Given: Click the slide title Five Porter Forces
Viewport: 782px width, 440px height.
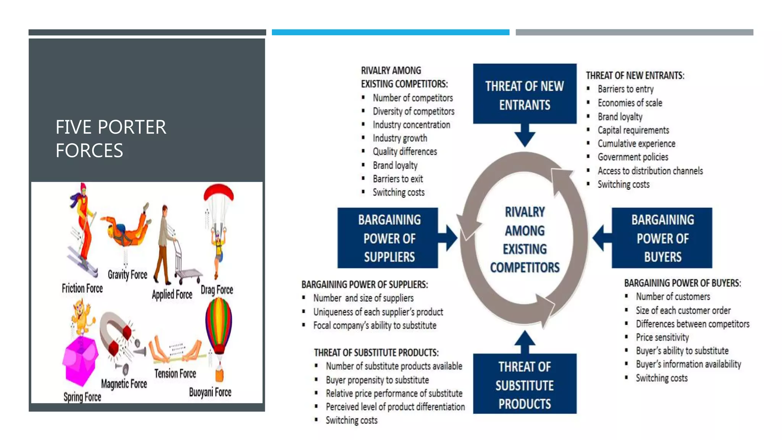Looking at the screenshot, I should click(x=111, y=138).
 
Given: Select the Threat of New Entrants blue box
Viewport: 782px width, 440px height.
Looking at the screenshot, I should click(x=525, y=94).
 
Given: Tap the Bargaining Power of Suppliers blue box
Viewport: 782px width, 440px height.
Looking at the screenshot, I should click(x=388, y=238).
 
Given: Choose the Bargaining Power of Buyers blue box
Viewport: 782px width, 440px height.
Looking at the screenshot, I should click(x=662, y=238).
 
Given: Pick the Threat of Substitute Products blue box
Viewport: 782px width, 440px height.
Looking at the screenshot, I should click(x=525, y=384).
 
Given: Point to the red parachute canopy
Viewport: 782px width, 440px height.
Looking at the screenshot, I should click(x=218, y=191).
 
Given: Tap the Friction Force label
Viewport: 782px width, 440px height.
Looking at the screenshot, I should click(x=82, y=288).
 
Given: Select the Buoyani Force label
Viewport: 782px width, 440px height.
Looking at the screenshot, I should click(x=210, y=392).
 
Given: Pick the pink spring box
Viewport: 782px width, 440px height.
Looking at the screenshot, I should click(x=80, y=361).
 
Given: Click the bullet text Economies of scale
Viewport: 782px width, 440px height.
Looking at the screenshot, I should click(x=630, y=103).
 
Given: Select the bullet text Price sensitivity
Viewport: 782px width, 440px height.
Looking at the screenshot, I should click(x=662, y=337).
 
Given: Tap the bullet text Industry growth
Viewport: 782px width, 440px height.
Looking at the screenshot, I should click(x=400, y=138).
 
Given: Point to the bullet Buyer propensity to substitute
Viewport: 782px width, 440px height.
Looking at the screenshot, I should click(x=377, y=380).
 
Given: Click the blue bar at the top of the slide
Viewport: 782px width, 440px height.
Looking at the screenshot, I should click(x=390, y=32).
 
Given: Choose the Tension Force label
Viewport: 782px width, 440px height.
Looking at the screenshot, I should click(x=175, y=374).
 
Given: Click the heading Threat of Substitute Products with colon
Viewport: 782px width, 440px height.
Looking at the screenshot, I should click(x=376, y=353).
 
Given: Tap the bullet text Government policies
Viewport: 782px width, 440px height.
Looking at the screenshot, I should click(x=633, y=157).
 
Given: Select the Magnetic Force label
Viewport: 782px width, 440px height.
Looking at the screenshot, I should click(x=124, y=383).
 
